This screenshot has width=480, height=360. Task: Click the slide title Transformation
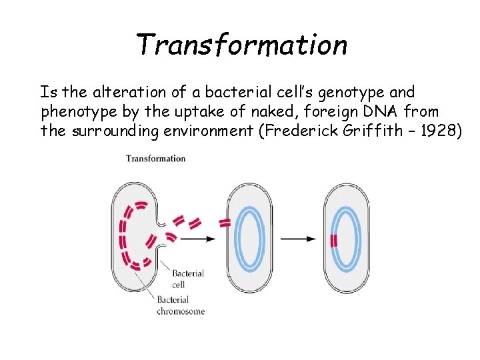click(x=241, y=45)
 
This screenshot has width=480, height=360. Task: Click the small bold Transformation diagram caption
click(x=156, y=158)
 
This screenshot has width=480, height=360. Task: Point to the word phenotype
click(x=75, y=111)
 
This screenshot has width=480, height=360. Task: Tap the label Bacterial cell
click(x=187, y=278)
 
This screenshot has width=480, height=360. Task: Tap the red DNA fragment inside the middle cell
click(x=225, y=223)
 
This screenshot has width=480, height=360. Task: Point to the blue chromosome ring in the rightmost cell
click(x=357, y=239)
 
